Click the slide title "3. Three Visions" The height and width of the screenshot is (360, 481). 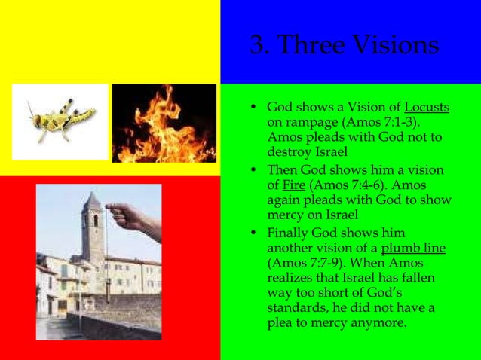(343, 45)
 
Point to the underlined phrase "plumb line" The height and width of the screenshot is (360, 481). (413, 249)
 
